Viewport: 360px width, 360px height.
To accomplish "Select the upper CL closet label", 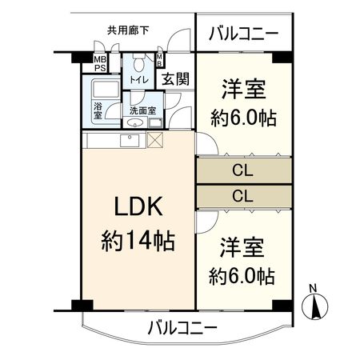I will tap(243, 170).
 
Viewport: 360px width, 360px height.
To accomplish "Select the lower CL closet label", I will tap(243, 194).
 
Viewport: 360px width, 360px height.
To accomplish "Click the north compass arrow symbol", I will tap(317, 305).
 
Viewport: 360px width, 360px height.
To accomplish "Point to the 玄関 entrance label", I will tap(174, 79).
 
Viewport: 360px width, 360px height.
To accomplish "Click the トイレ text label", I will tap(140, 81).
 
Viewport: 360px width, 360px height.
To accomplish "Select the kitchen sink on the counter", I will tap(130, 141).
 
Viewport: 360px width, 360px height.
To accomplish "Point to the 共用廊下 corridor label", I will tap(128, 31).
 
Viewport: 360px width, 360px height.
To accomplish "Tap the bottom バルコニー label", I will tap(182, 327).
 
